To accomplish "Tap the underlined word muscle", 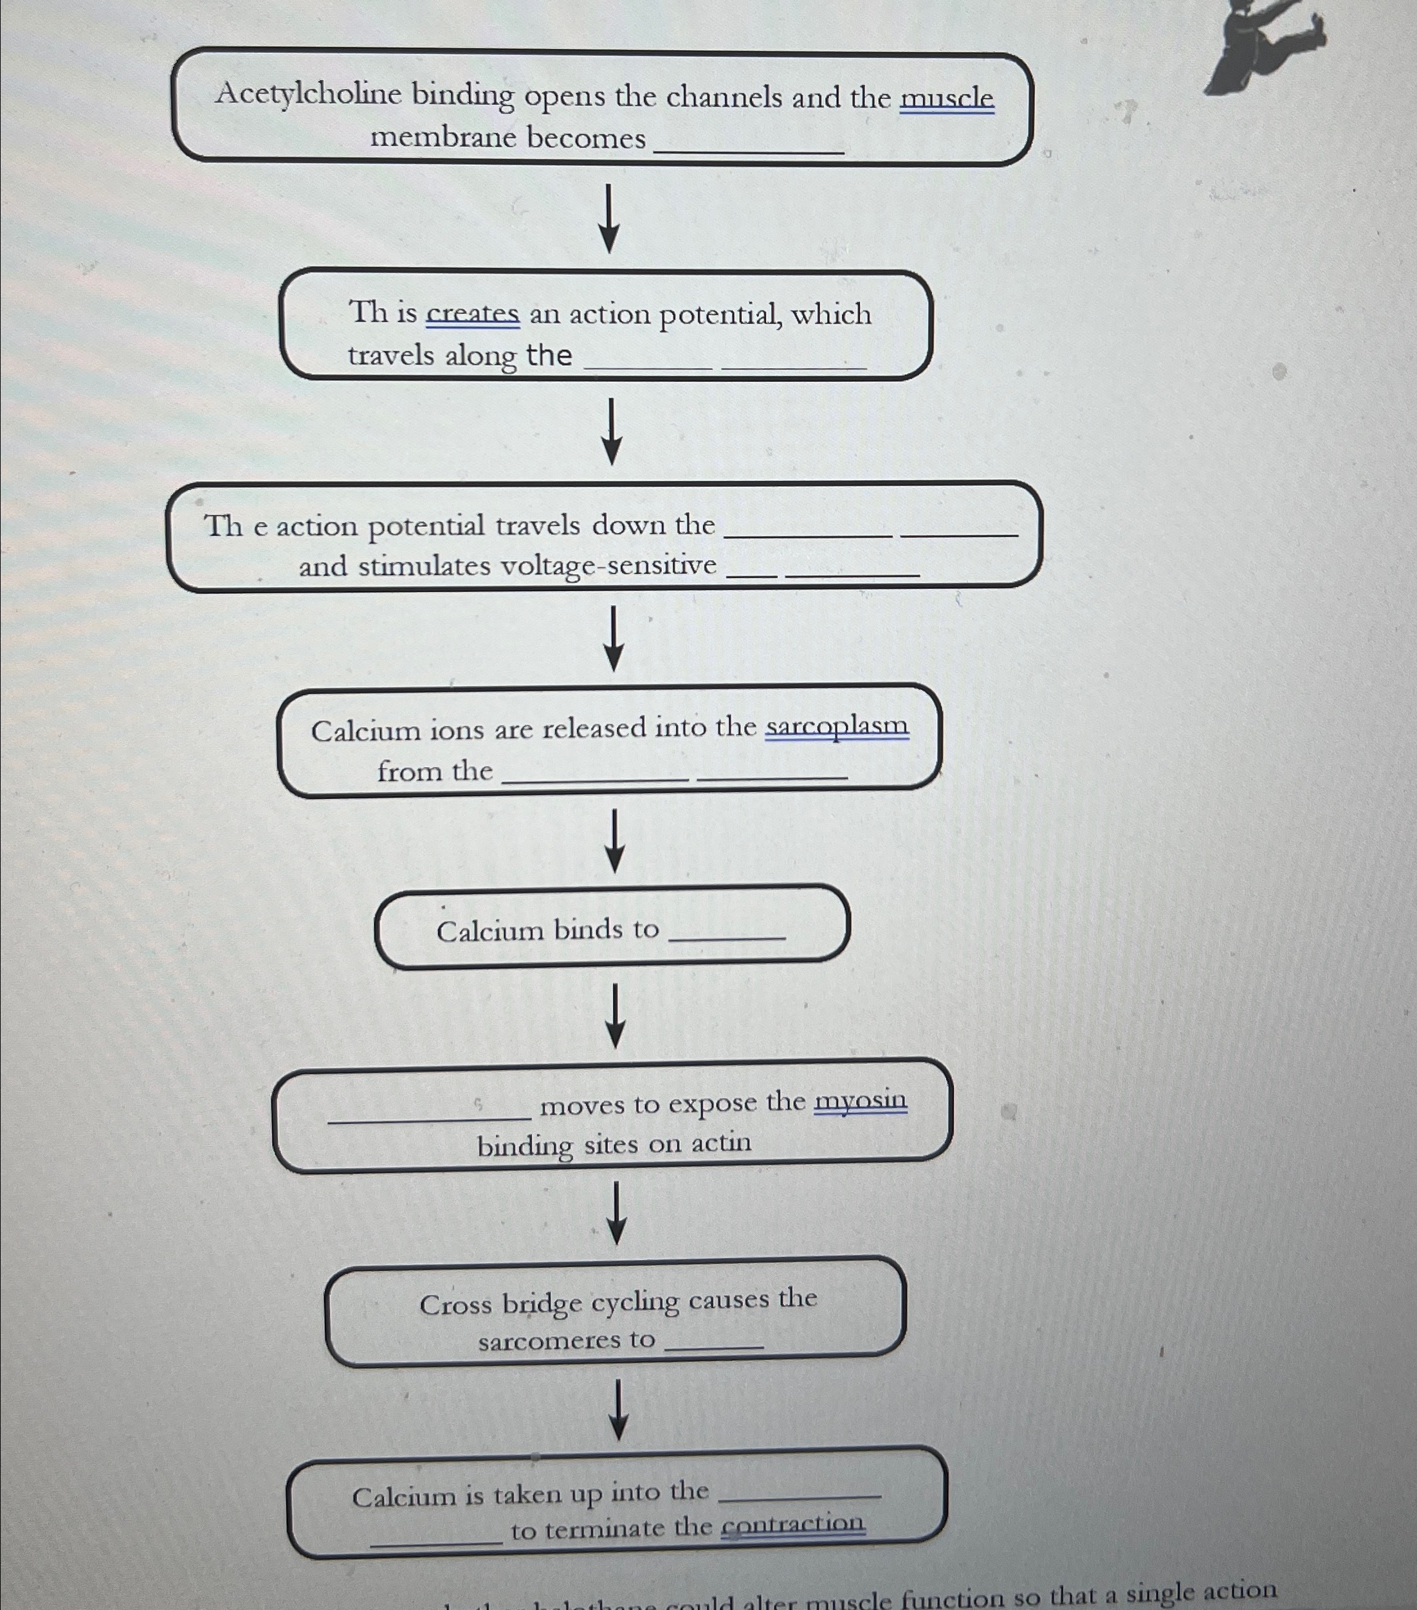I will coord(947,98).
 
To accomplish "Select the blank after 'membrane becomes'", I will coord(749,146).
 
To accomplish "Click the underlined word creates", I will coord(472,314).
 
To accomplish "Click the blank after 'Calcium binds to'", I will coord(727,932).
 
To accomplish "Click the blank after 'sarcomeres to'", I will coord(715,1344).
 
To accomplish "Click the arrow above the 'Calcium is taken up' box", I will coord(619,1409).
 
